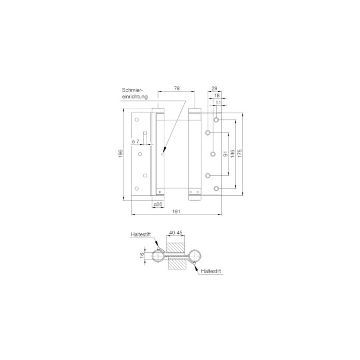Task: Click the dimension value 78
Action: pyautogui.click(x=176, y=88)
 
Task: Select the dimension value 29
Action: pyautogui.click(x=214, y=88)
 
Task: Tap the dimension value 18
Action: pyautogui.click(x=217, y=96)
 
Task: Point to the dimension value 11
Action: pyautogui.click(x=218, y=102)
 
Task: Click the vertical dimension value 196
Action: pyautogui.click(x=120, y=153)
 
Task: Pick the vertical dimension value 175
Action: pyautogui.click(x=240, y=153)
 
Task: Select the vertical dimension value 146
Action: pyautogui.click(x=232, y=153)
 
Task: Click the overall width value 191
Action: pyautogui.click(x=176, y=211)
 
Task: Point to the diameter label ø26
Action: pyautogui.click(x=158, y=204)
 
